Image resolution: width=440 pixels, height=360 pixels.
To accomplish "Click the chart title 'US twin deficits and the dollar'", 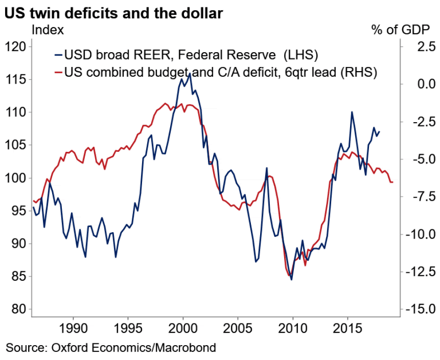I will (113, 12).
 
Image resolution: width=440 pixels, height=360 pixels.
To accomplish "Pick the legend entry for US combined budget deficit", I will (218, 72).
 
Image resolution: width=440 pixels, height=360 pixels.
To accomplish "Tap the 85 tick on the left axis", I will (18, 276).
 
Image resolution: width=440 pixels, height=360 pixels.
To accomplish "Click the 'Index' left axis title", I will (48, 29).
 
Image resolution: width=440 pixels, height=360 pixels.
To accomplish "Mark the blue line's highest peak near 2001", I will (190, 73).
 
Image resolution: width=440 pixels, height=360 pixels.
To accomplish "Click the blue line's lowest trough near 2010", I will (291, 280).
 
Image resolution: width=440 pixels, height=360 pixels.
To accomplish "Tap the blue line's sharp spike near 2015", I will (351, 112).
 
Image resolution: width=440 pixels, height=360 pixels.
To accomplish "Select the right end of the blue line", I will (379, 131).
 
